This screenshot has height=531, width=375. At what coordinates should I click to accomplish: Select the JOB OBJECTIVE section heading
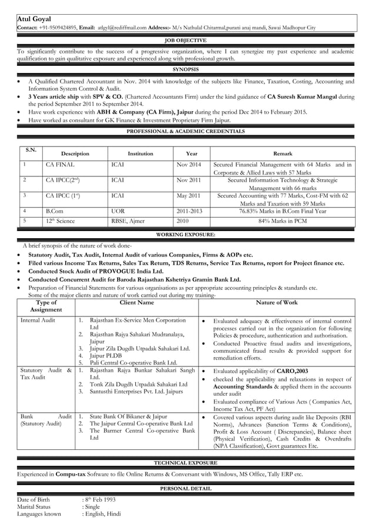tap(186, 41)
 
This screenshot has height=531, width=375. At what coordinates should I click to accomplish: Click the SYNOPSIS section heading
tap(186, 69)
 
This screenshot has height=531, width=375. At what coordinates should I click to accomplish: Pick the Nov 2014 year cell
tap(189, 165)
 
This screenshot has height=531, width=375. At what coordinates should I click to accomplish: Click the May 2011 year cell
tap(189, 196)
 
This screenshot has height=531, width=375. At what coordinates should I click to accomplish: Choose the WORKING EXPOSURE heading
tap(186, 235)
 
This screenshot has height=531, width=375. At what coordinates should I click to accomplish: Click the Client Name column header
tap(137, 302)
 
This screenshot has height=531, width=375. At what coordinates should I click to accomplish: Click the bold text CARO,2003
tap(293, 372)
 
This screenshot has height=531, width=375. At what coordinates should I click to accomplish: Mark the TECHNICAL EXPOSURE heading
tap(186, 463)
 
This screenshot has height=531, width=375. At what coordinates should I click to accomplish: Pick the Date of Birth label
tap(34, 500)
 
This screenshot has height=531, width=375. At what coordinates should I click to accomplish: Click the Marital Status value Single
tap(93, 506)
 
